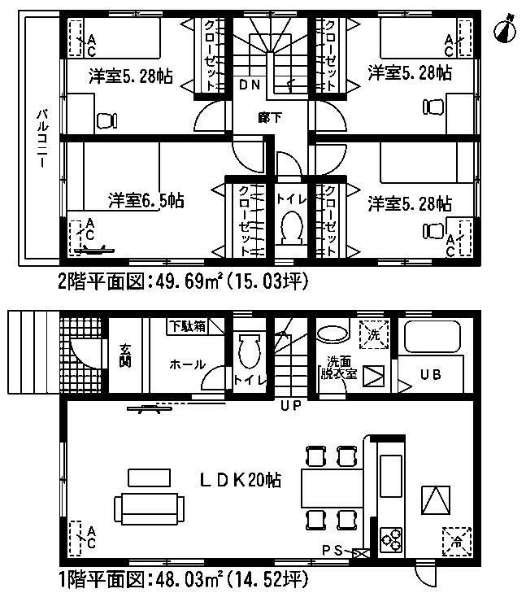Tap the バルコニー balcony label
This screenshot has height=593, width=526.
pos(40,140)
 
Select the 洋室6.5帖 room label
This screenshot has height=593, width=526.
pos(146,200)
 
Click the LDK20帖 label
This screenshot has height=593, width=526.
pos(241,481)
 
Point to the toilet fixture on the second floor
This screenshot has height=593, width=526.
pos(289,229)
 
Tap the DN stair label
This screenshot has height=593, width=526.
pos(250,85)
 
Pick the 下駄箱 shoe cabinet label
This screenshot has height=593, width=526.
pos(187,325)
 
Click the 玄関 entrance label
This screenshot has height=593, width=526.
pos(125,355)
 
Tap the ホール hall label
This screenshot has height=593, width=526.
pos(188,365)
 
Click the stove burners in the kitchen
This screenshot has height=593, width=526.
pos(391,538)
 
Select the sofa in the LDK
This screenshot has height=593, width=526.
pos(146,509)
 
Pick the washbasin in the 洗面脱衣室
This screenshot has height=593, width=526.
pos(331,334)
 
